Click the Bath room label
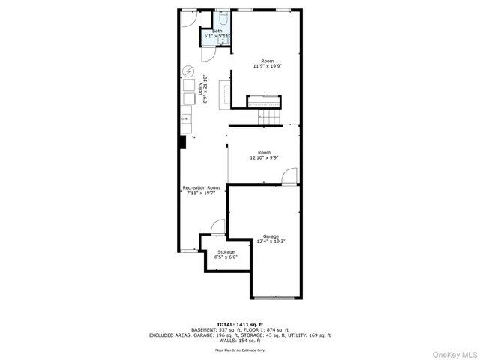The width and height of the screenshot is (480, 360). [217, 31]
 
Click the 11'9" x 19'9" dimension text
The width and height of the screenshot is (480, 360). [267, 66]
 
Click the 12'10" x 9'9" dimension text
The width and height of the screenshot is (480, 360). [264, 158]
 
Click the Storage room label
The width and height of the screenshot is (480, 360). [226, 251]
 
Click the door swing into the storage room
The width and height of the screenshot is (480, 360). [217, 227]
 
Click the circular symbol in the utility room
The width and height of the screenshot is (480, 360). [187, 72]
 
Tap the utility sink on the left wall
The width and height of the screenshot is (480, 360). [185, 120]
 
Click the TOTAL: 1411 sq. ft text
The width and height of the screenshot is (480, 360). [240, 323]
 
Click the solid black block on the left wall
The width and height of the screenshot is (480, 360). [181, 143]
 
